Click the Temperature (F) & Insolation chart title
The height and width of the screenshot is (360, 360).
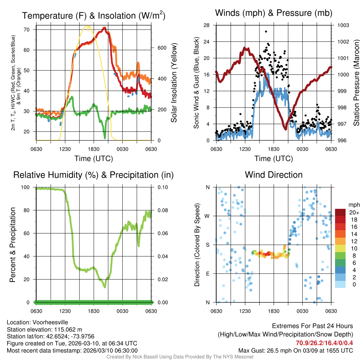point(94,16)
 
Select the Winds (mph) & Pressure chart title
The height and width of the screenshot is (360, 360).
point(274,13)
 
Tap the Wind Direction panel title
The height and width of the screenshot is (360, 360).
point(274,175)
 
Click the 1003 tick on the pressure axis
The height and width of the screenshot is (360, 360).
point(342,25)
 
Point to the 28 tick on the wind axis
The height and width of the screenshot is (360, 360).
point(207,25)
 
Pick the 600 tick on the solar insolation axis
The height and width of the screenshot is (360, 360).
point(161,48)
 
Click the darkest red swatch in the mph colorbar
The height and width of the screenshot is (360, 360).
point(340,212)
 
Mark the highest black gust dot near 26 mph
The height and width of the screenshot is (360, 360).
point(266,31)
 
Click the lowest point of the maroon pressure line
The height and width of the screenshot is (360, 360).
point(285,129)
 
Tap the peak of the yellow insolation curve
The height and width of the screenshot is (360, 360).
point(88,26)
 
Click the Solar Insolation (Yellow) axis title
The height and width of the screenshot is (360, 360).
point(174,83)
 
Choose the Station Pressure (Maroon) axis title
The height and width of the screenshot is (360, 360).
point(356,83)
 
